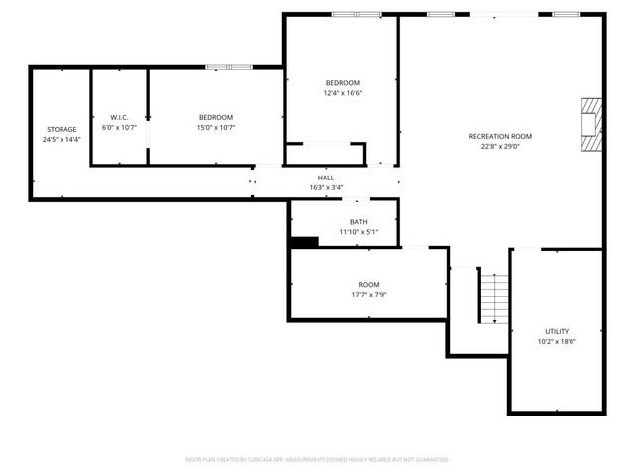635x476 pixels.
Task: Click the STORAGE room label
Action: tap(61, 129)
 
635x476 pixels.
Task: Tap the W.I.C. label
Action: tap(119, 117)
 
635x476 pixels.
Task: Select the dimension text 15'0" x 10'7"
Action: tap(215, 128)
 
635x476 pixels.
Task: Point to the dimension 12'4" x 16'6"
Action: tap(343, 93)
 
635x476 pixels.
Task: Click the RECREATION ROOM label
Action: tap(500, 136)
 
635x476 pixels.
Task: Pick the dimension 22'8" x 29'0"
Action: tap(500, 147)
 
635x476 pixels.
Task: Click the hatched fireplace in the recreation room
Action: tap(591, 124)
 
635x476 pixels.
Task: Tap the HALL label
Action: tap(326, 177)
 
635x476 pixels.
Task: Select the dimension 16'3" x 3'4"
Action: tap(326, 187)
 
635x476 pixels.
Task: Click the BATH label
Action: tap(358, 221)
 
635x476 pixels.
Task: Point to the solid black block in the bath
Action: tap(304, 241)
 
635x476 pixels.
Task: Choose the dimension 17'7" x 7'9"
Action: tap(369, 295)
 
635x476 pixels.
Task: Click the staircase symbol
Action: tap(493, 296)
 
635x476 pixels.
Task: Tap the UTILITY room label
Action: tap(557, 331)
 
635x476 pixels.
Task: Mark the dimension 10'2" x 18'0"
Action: tap(557, 342)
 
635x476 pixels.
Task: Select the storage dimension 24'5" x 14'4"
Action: tap(61, 140)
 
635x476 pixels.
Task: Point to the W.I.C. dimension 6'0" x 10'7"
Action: tap(119, 128)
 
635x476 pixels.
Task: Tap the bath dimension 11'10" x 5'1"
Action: tap(358, 232)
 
